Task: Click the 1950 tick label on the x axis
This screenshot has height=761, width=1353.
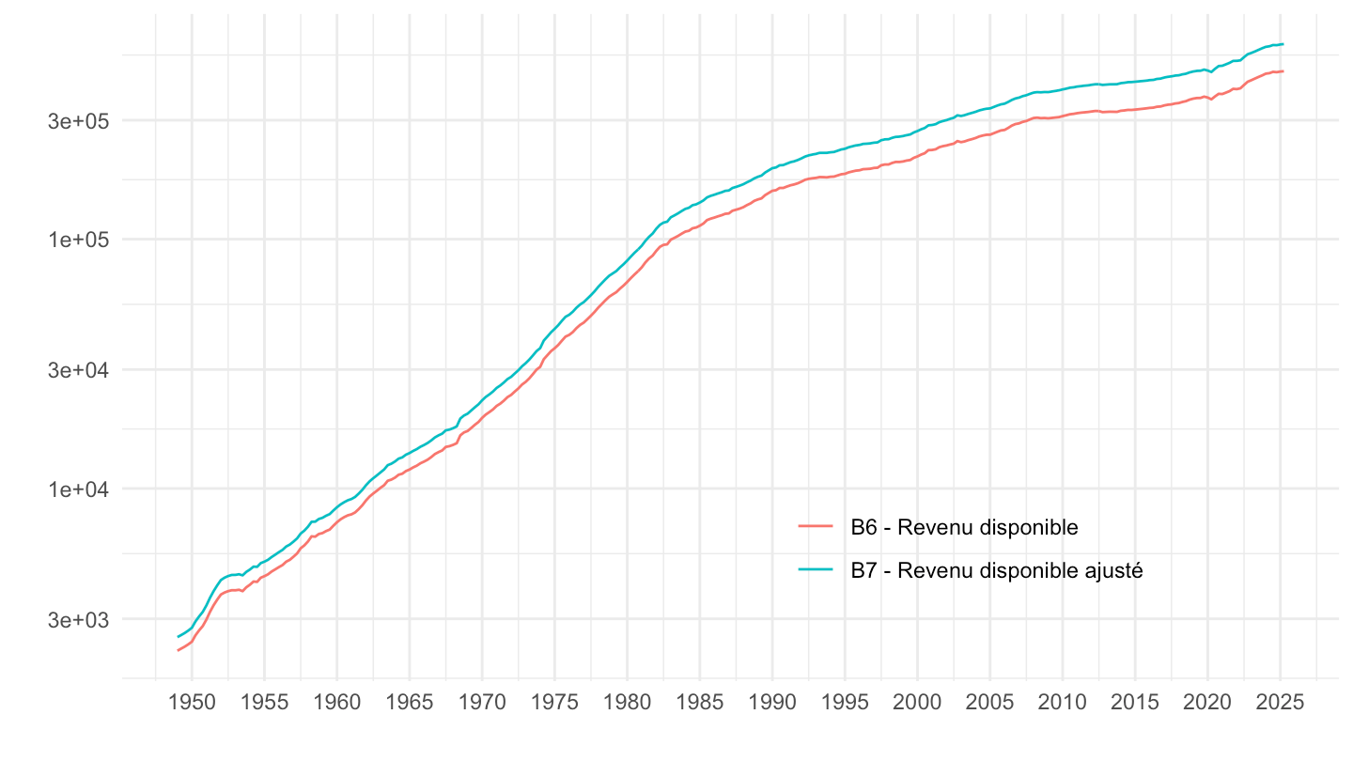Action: tap(192, 704)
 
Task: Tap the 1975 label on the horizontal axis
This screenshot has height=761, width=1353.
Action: tap(554, 704)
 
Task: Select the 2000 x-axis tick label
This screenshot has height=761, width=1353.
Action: tap(917, 704)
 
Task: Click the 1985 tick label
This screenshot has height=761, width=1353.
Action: tap(699, 704)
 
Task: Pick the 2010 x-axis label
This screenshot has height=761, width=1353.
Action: tap(1062, 704)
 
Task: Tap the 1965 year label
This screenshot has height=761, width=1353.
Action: tap(409, 704)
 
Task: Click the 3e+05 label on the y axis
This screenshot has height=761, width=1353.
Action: tap(81, 121)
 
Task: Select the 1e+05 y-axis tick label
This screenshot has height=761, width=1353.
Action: tap(81, 240)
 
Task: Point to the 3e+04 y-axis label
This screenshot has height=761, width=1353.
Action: tap(81, 370)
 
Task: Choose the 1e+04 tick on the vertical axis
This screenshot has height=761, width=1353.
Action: tap(81, 489)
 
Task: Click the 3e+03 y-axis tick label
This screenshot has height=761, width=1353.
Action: tap(81, 620)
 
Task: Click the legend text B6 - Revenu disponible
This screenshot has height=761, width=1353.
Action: tap(964, 527)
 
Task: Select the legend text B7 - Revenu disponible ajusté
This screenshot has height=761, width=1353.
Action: tap(997, 570)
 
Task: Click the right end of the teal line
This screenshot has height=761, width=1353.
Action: tap(1283, 44)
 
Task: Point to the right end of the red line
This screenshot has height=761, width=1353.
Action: tap(1283, 71)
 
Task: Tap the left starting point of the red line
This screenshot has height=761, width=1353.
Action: tap(178, 650)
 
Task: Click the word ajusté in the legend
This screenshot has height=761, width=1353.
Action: tap(1113, 570)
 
